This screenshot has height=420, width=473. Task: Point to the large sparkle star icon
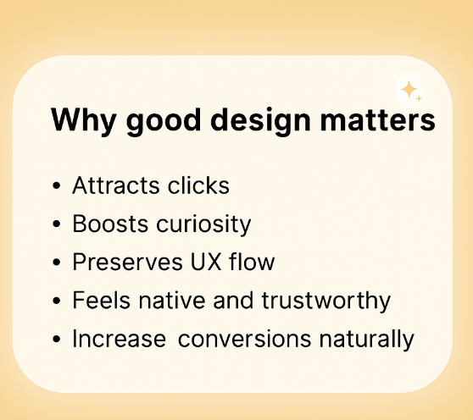point(409,89)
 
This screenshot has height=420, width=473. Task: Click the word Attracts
point(112,185)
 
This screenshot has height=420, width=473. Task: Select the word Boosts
point(103,224)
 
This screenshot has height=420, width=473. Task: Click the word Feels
point(96,301)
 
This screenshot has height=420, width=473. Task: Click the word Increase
point(120,339)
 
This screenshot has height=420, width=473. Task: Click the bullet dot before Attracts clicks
point(56,186)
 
